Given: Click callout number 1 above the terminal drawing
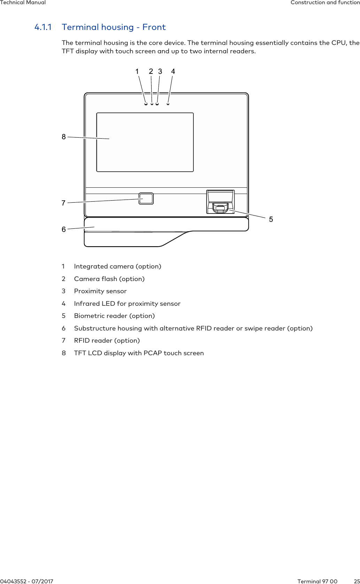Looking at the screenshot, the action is click(x=137, y=71).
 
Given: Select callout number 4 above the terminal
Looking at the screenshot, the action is click(x=173, y=71).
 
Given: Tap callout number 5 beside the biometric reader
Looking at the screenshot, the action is click(x=271, y=219).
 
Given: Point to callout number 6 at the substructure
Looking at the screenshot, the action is click(x=64, y=229).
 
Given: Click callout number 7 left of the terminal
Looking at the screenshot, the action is click(x=63, y=203).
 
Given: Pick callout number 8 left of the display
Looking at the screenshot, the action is click(x=64, y=137).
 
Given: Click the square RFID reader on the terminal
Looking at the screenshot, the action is click(x=146, y=198).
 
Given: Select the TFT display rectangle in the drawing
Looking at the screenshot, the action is click(x=145, y=142).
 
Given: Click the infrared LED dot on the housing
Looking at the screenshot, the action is click(x=168, y=104).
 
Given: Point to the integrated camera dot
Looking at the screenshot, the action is click(x=146, y=104).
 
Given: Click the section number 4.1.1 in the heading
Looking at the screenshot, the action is click(x=43, y=27).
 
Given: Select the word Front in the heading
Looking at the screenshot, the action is click(x=154, y=27).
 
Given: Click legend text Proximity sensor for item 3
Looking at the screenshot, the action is click(x=100, y=291).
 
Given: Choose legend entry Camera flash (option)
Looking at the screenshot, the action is click(x=109, y=279).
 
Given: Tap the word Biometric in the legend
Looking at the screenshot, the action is click(x=89, y=316).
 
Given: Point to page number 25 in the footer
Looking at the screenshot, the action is click(x=357, y=581).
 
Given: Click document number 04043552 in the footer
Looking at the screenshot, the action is click(x=14, y=581).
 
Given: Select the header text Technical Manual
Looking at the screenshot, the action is click(x=23, y=2).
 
